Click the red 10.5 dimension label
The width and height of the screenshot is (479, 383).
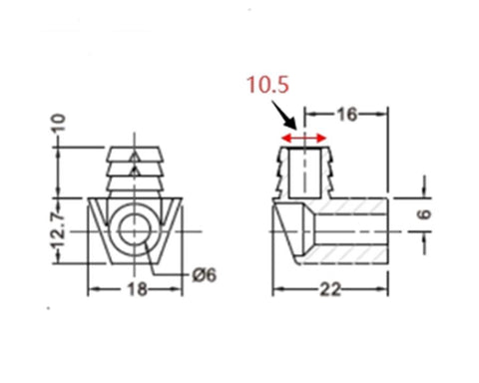pos(267,85)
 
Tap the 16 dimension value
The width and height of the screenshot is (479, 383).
pos(347,115)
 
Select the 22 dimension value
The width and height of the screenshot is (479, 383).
pos(330,289)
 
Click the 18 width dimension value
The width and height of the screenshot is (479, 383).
pos(138,289)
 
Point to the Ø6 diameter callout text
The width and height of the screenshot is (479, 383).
pos(205,275)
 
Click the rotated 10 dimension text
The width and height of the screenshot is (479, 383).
pos(58,124)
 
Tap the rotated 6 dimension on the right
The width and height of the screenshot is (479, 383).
pos(424,214)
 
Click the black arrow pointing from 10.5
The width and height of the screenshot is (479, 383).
pos(283,116)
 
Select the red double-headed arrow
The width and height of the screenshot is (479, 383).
pos(303,138)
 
